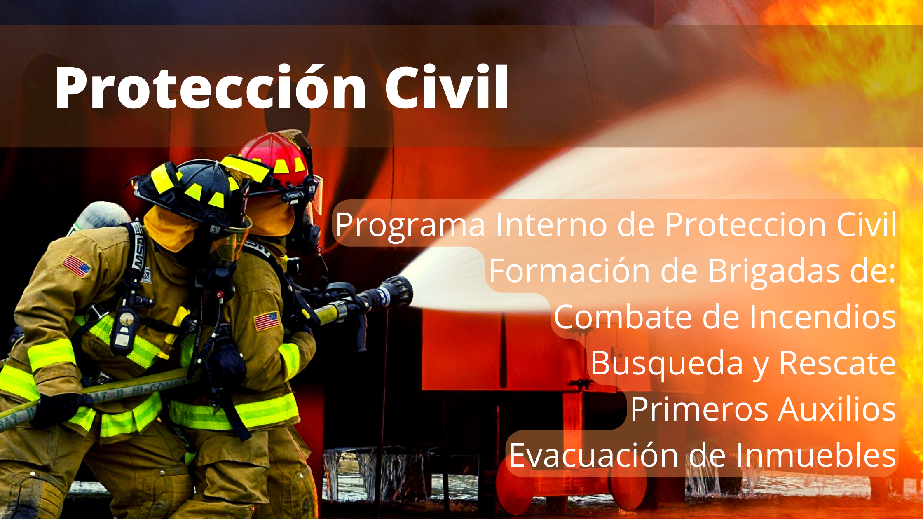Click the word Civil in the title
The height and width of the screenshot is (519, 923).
point(447,87)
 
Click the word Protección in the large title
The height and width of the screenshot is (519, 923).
point(210,87)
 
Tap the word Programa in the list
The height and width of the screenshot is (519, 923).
point(410,225)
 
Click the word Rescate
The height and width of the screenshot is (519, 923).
point(838,364)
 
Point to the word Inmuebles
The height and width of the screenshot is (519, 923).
point(816,455)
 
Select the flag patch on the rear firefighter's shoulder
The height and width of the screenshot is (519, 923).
point(76,266)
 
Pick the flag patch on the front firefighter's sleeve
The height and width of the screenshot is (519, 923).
point(267,321)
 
